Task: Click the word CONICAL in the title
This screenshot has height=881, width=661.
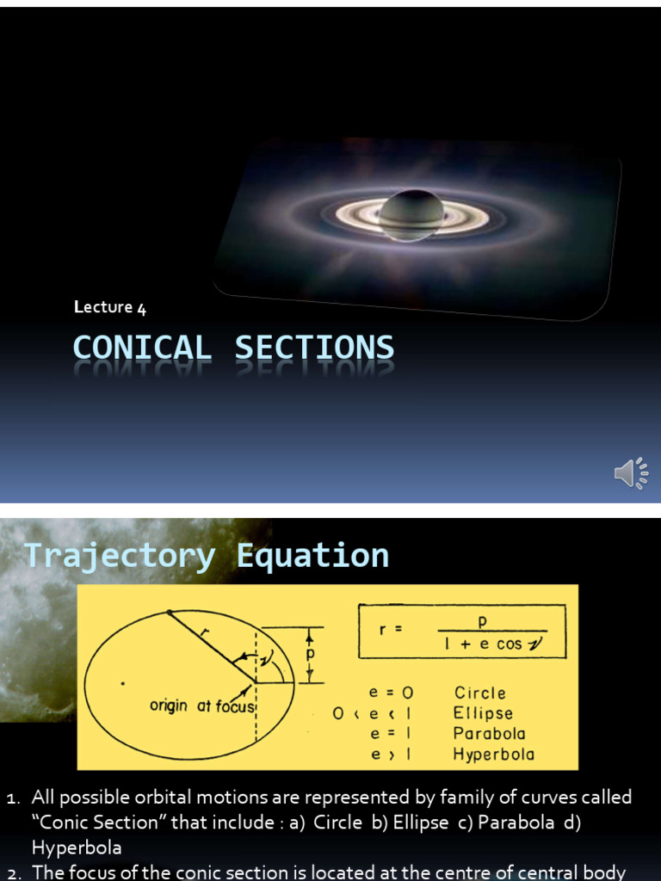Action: coord(142,348)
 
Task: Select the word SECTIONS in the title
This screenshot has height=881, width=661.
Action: coord(315,348)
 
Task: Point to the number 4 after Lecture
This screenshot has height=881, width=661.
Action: coord(141,308)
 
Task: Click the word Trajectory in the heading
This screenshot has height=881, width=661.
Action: coord(120,556)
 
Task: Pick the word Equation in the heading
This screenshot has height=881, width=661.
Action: coord(312,556)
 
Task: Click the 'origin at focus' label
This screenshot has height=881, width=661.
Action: coord(203,706)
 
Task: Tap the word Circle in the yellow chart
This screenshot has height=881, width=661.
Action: coord(479,693)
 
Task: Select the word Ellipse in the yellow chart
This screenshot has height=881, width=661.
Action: coord(483,713)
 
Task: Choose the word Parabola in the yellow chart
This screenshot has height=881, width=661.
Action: coord(489,734)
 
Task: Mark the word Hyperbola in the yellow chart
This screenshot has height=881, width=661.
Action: coord(493,755)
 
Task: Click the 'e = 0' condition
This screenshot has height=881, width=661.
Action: coord(391,693)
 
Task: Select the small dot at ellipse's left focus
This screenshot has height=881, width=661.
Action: coord(123,684)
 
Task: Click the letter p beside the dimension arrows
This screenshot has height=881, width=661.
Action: coord(312,654)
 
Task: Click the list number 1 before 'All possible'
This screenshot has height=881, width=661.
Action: coord(11,798)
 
